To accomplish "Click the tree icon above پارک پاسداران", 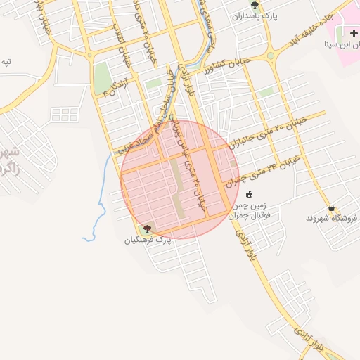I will click(255, 5).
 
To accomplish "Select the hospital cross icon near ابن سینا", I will click(353, 34).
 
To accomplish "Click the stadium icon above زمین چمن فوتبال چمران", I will click(251, 195).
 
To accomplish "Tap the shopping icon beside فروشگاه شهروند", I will click(331, 208).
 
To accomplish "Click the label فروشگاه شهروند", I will click(333, 218).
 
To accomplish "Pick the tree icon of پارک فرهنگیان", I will click(147, 229).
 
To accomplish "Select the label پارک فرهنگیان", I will click(148, 240).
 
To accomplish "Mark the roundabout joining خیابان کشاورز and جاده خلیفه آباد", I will click(269, 56).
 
